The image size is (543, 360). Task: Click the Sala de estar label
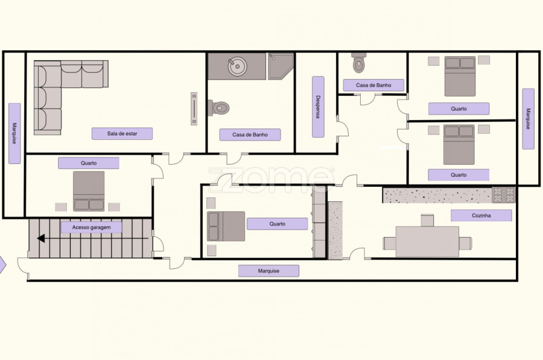[x=122, y=134]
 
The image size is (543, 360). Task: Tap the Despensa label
[x=318, y=107]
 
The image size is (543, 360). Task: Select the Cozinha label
[x=481, y=215]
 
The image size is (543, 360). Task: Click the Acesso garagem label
[x=92, y=227]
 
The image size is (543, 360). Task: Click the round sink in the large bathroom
[x=237, y=66]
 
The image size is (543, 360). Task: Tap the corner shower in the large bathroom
[x=281, y=66]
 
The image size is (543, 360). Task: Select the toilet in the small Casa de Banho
[x=359, y=62]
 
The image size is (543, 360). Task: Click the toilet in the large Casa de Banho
[x=219, y=108]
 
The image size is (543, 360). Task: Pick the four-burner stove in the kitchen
[x=504, y=195]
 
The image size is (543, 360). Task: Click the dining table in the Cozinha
[x=427, y=242]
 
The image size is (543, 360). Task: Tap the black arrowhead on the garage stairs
[x=41, y=239]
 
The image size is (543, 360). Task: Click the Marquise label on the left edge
[x=14, y=133]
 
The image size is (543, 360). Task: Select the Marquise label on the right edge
[x=528, y=119]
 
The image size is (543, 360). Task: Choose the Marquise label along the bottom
[x=268, y=271]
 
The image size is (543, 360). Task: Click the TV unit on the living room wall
[x=194, y=109]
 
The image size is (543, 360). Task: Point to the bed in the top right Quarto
[x=460, y=76]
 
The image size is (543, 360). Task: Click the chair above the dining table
[x=427, y=221]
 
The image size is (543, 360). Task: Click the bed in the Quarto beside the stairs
[x=89, y=191]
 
